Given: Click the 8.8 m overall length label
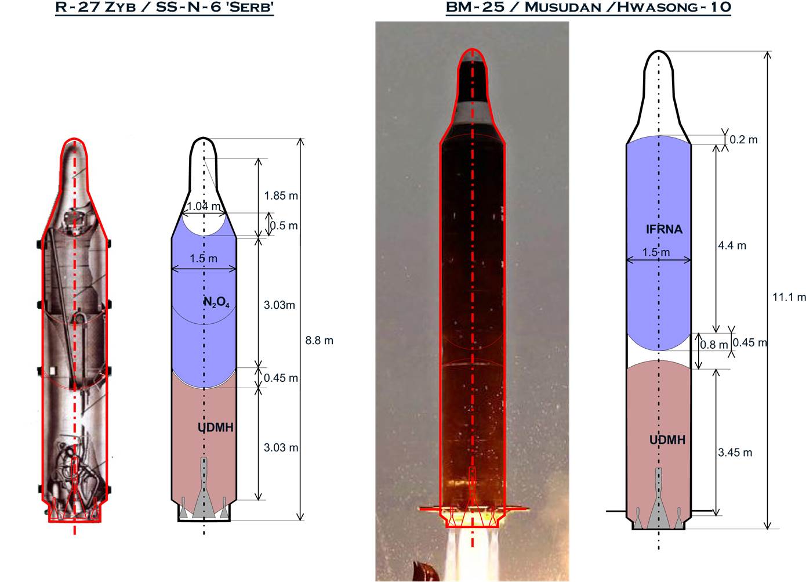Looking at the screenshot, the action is (x=319, y=341).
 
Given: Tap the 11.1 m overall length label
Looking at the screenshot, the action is (x=789, y=297).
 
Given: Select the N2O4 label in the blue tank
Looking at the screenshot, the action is (x=217, y=303).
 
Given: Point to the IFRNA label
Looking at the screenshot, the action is (x=665, y=229).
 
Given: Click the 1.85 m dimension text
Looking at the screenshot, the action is (x=281, y=196).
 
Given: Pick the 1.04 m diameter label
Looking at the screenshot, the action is (x=204, y=206).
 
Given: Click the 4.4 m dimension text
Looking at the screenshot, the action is (x=732, y=245).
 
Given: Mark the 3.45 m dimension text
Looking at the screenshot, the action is (x=735, y=453).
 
